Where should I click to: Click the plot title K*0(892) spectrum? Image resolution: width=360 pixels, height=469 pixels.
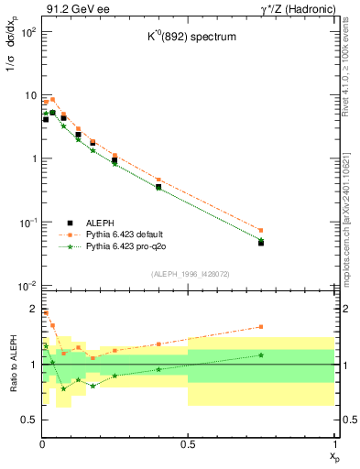[188, 38]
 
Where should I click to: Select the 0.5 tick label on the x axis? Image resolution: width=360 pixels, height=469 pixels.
[188, 444]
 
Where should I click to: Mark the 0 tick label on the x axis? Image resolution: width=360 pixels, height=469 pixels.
[42, 444]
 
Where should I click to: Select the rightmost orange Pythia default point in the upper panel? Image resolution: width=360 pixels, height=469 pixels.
[261, 230]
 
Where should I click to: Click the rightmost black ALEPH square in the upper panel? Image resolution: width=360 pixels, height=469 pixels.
[261, 243]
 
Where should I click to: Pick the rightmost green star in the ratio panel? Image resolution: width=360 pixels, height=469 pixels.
[261, 354]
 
